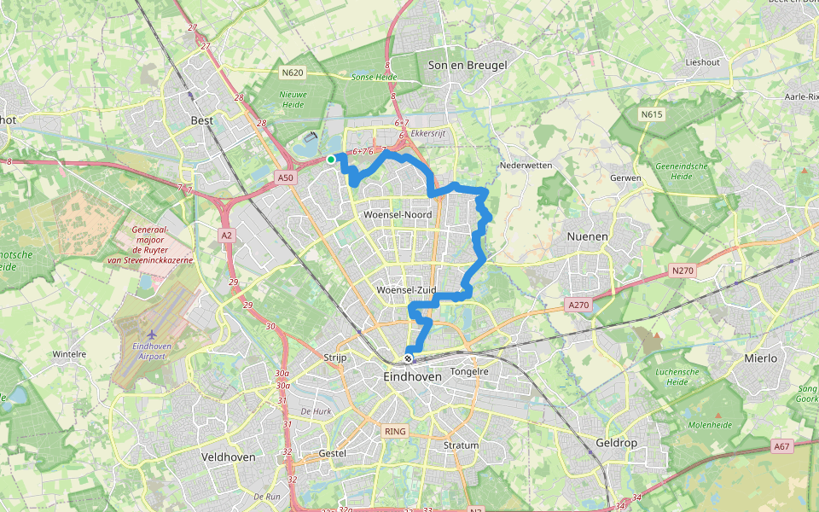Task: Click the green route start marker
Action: tap(331, 159)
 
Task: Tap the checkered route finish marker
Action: tap(409, 358)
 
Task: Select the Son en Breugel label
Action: tap(468, 65)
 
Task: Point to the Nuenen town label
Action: tap(588, 236)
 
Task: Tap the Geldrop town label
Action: tap(593, 445)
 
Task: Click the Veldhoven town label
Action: tap(228, 457)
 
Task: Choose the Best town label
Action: tap(202, 120)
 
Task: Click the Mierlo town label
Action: tap(760, 358)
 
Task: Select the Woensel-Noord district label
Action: tap(398, 214)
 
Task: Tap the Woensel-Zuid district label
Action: tap(407, 291)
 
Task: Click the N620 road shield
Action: tap(293, 73)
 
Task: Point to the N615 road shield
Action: tap(653, 113)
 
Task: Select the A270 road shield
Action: tap(578, 303)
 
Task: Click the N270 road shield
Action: tap(683, 271)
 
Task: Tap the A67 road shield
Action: tap(782, 446)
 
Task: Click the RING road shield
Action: tap(395, 432)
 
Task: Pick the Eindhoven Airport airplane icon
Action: tap(152, 334)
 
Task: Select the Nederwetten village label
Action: tap(526, 165)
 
